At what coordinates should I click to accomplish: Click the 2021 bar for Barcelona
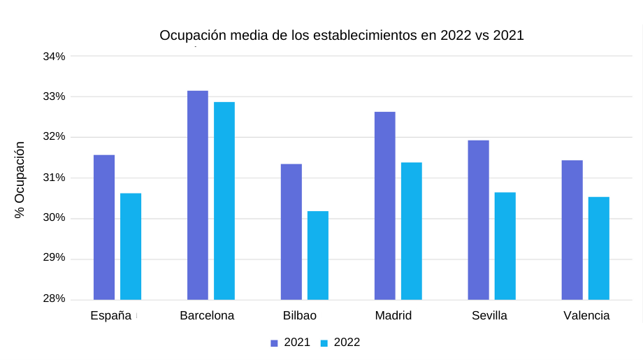click(198, 195)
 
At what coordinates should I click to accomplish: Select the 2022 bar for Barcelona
click(224, 201)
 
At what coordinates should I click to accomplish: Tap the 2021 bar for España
click(104, 227)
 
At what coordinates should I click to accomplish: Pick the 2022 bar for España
click(131, 246)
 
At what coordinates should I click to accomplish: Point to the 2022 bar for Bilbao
click(318, 255)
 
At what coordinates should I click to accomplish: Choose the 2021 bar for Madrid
click(385, 206)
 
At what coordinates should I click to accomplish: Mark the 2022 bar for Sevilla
click(505, 246)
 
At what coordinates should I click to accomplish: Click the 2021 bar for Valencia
click(572, 230)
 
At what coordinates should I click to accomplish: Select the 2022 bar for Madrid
click(412, 231)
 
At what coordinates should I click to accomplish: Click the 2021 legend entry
click(291, 343)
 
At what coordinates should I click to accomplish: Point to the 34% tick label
click(54, 56)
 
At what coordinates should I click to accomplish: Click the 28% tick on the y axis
click(54, 299)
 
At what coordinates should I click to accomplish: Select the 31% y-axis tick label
click(54, 178)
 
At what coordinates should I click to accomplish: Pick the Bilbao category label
click(300, 316)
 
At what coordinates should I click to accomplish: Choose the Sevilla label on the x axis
click(489, 316)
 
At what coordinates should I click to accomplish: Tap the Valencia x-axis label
click(586, 316)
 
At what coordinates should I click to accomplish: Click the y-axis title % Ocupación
click(20, 180)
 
